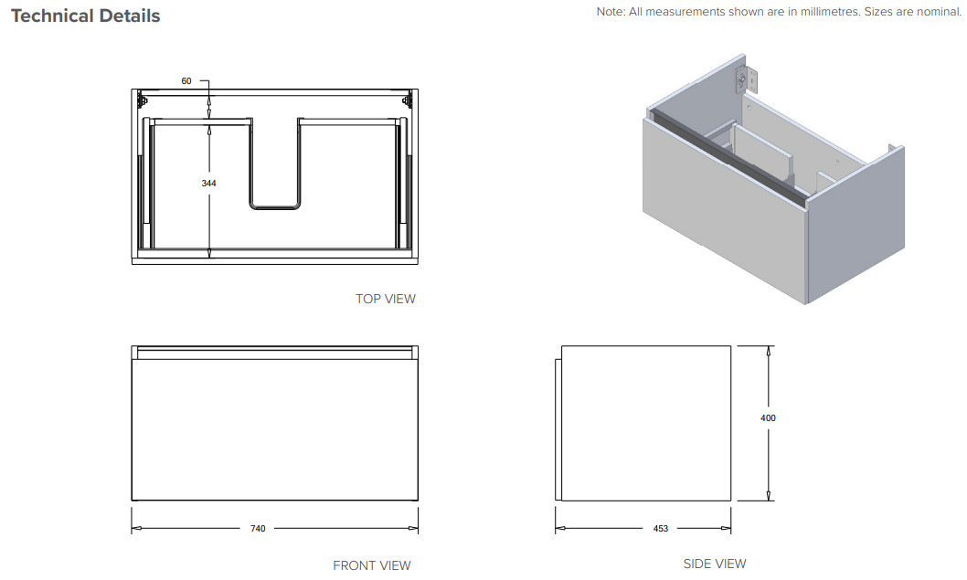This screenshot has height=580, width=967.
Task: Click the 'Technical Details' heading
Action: [86, 16]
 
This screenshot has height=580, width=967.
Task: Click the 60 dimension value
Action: [186, 80]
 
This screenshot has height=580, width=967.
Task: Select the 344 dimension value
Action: [208, 183]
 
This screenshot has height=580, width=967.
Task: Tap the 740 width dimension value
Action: [258, 528]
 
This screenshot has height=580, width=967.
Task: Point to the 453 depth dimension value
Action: [661, 528]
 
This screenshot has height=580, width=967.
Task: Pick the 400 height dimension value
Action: [768, 418]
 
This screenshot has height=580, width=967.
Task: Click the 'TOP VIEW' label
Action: [386, 299]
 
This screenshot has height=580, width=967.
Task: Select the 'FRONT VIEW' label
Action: [372, 565]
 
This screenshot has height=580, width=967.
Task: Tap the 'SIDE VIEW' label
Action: [715, 564]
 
